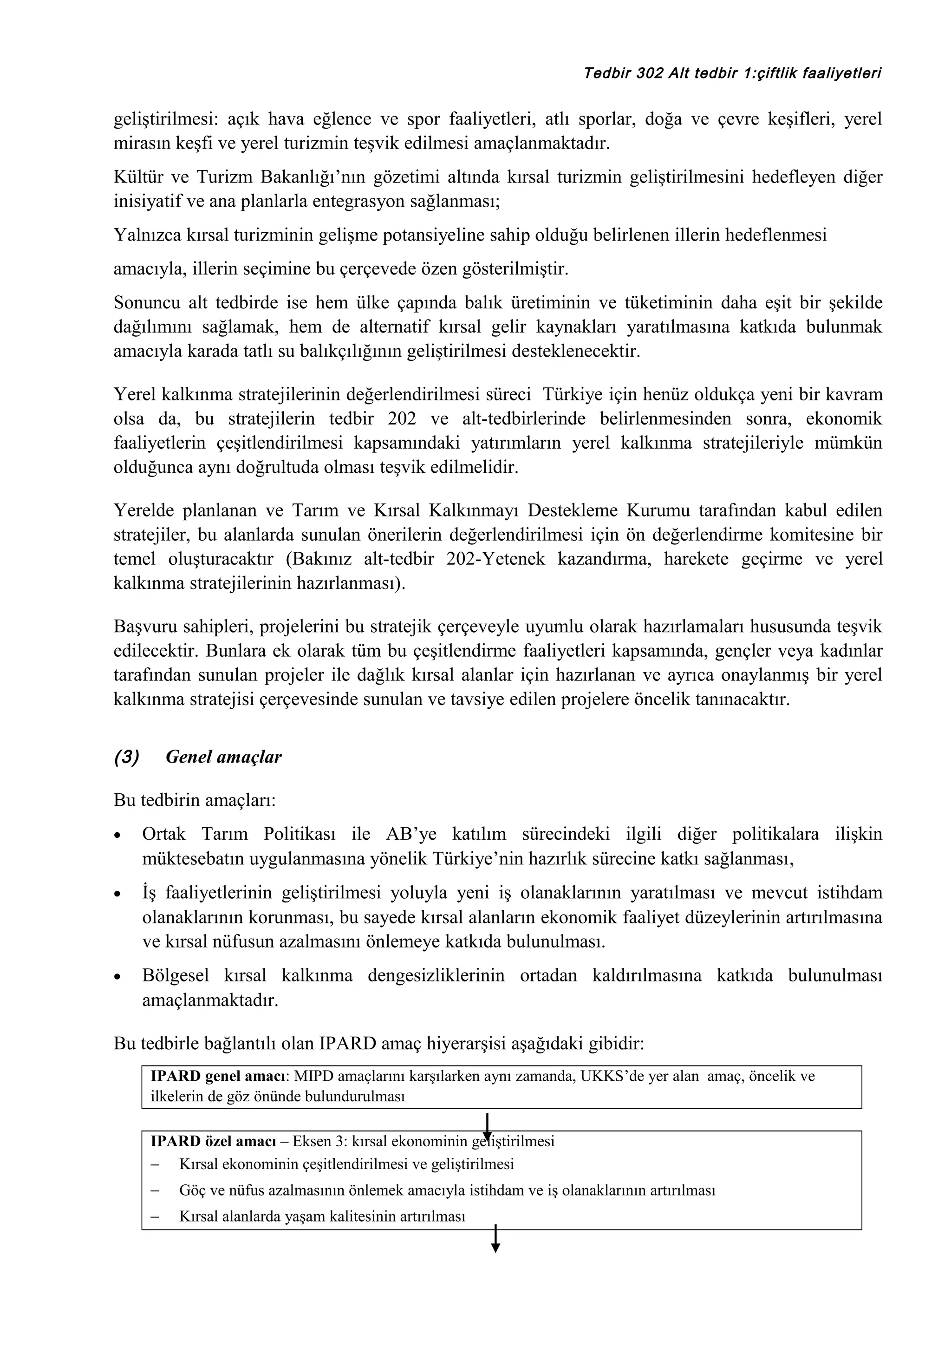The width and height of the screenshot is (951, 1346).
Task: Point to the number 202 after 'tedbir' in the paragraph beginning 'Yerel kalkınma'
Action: (x=402, y=418)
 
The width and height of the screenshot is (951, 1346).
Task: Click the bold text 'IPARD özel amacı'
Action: (x=213, y=1141)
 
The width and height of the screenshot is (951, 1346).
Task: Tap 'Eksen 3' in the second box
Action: (x=318, y=1141)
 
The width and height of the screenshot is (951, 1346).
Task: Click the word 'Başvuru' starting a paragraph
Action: (x=145, y=627)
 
